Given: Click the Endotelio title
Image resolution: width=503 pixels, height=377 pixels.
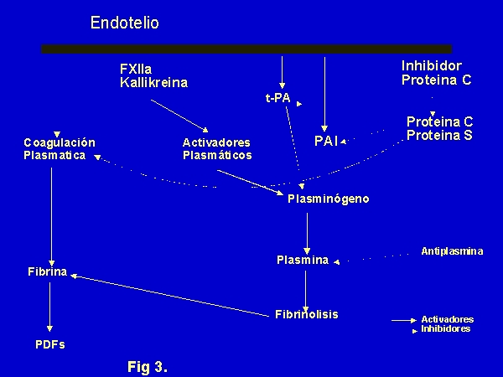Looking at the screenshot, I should click(x=124, y=23).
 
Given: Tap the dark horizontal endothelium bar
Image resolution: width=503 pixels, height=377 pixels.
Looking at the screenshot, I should click(x=246, y=49).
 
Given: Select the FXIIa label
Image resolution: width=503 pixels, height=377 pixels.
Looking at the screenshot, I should click(x=137, y=68).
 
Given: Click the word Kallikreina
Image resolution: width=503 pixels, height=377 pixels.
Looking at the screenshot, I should click(x=153, y=82).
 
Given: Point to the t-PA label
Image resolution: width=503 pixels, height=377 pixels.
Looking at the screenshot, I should click(x=277, y=98).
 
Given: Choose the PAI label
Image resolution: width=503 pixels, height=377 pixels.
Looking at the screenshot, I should click(x=326, y=141).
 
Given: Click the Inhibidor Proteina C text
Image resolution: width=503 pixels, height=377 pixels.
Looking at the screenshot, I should click(x=436, y=73).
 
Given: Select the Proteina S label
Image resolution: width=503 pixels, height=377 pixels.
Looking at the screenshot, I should click(x=439, y=135).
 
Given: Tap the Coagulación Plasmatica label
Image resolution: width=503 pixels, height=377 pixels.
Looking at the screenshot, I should click(x=60, y=148).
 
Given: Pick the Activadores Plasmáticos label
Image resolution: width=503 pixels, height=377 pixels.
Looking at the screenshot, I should click(x=217, y=148).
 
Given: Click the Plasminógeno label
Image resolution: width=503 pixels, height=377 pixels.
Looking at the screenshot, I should click(x=327, y=199).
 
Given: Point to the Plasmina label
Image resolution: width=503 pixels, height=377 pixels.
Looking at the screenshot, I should click(x=303, y=260).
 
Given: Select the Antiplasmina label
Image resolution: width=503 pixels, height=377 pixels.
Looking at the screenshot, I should click(x=452, y=250).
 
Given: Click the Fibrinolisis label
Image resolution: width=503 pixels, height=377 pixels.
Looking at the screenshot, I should click(x=307, y=314).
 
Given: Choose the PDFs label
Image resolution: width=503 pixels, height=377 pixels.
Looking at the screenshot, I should click(x=50, y=344).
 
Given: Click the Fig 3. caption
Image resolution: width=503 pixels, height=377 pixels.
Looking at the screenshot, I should click(x=148, y=365).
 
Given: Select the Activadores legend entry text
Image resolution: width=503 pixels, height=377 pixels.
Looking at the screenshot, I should click(x=447, y=319).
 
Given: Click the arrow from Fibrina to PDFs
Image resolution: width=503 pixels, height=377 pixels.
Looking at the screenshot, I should click(x=51, y=306).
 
